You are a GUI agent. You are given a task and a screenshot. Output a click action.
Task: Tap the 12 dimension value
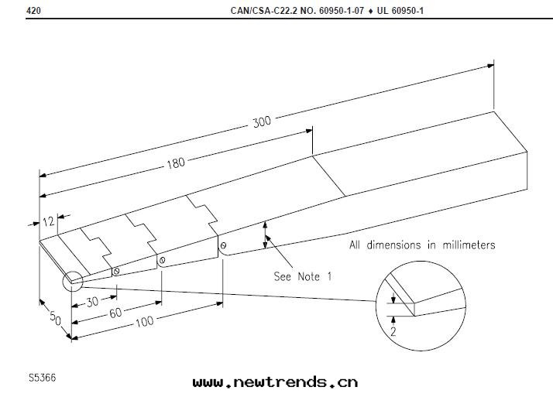48,221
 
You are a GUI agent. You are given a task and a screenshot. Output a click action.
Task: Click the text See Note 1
303,276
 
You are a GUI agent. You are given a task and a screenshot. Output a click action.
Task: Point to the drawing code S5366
42,378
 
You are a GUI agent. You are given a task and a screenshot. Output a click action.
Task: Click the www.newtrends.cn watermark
275,382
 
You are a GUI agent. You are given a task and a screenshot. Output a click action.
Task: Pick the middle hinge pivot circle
162,260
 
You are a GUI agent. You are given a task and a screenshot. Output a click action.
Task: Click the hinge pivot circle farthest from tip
223,247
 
